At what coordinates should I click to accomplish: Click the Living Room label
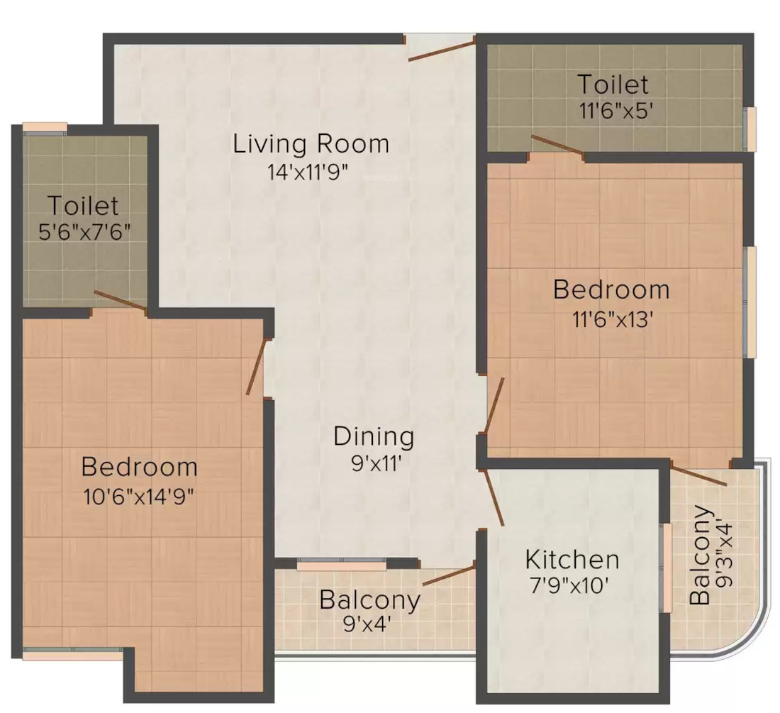click(311, 144)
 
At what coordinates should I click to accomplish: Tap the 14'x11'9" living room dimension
click(308, 172)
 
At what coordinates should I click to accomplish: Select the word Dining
click(374, 436)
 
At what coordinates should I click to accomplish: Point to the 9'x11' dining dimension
click(376, 464)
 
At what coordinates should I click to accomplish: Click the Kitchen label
click(572, 560)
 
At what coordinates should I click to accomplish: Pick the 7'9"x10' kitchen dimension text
click(570, 585)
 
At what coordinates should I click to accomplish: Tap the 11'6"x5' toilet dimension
click(615, 111)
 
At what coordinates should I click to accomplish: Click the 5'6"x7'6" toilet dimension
click(84, 232)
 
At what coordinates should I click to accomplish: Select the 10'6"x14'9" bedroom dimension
click(139, 496)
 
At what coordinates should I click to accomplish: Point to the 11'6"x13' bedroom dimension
click(613, 319)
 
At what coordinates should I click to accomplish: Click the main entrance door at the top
click(441, 51)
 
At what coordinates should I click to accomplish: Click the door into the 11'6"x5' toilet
click(557, 144)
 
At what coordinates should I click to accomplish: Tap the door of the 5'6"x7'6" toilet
click(121, 302)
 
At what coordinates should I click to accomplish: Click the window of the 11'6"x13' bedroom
click(750, 302)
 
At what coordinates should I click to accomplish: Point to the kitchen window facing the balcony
click(666, 568)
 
